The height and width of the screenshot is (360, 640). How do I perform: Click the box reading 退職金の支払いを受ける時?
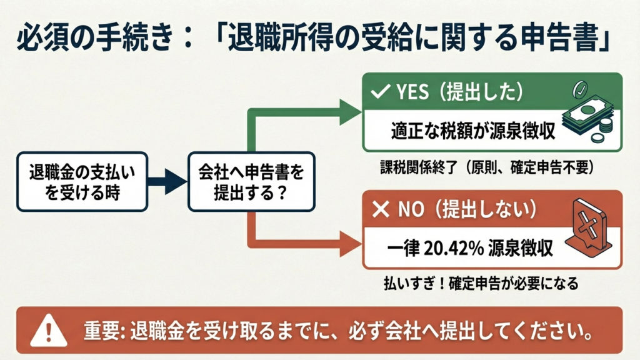(82, 182)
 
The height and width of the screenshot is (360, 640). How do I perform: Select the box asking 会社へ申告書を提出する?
(251, 182)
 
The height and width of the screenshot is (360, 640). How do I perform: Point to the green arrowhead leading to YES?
(350, 112)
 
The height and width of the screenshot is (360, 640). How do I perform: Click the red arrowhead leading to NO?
(350, 244)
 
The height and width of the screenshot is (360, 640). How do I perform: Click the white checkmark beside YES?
(381, 91)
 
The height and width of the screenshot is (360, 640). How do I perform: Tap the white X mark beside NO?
(381, 209)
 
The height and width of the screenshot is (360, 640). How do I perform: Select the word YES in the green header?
(412, 92)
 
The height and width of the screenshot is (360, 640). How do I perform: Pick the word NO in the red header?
(411, 210)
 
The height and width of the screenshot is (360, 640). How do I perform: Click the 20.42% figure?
(453, 247)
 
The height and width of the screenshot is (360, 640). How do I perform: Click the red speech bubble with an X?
(588, 228)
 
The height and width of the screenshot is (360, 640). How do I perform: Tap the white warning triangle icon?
(49, 331)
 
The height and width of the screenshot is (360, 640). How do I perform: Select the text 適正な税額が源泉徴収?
(473, 131)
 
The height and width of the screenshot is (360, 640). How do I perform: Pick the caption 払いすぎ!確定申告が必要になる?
(481, 283)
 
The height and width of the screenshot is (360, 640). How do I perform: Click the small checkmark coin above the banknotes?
(580, 89)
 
